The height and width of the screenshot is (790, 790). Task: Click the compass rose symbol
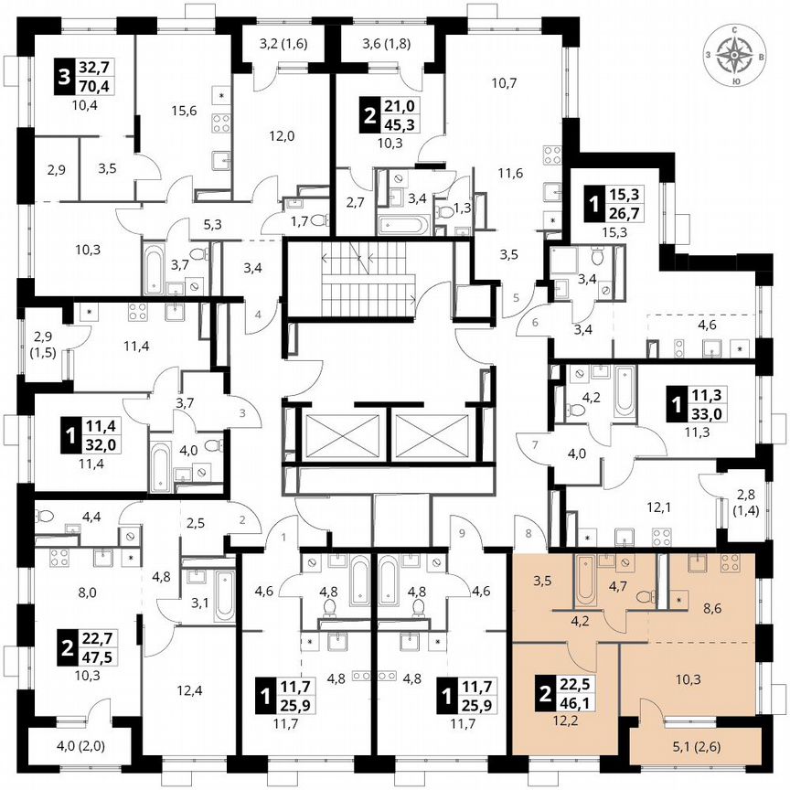coord(736,55)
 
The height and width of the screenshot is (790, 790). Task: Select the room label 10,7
coord(505,83)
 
